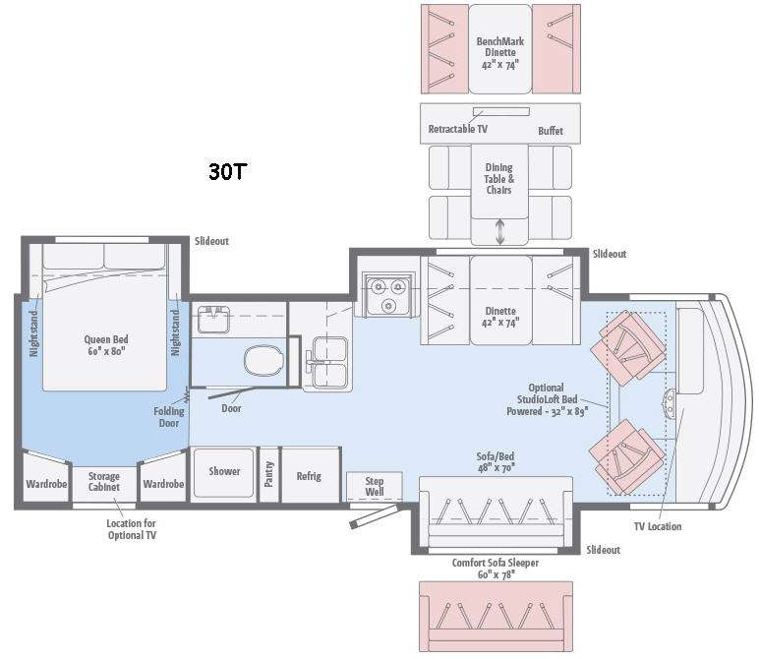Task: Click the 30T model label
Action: pos(228,171)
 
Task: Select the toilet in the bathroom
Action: pos(263,361)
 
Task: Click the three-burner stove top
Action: pos(388,295)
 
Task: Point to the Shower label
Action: pos(224,471)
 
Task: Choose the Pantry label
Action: pos(269,473)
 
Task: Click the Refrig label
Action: pos(309,476)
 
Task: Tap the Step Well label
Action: pos(375,486)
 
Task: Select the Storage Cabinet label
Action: pos(103,481)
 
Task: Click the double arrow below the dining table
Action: pos(500,231)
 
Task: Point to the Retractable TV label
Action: pos(457,129)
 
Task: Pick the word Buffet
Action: pos(551,131)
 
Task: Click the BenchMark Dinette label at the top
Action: pos(500,53)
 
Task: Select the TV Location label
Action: pos(658,526)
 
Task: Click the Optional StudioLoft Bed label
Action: pos(547,399)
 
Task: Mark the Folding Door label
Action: pos(168,417)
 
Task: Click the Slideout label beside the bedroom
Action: pos(211,241)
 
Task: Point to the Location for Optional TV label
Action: pos(131,529)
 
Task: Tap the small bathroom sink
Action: pos(213,320)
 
